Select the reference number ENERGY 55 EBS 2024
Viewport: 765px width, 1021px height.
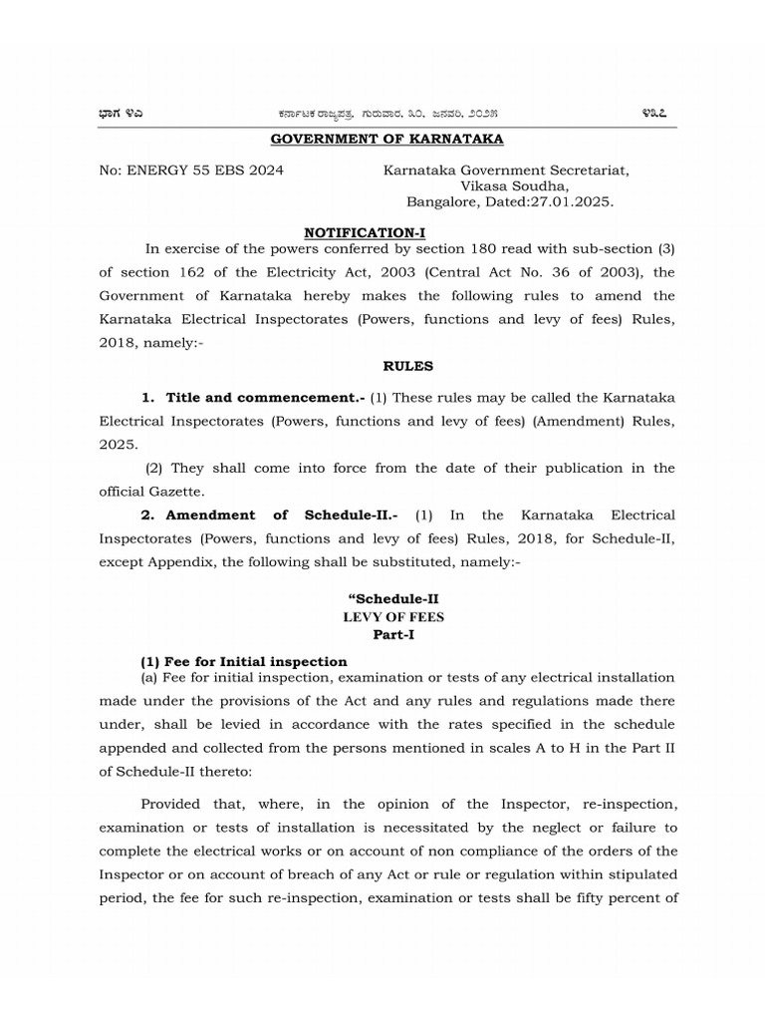pos(204,170)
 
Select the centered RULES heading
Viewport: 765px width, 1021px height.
pos(388,366)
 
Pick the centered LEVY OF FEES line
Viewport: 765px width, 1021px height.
pos(393,616)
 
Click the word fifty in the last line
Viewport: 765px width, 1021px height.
pos(586,897)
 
